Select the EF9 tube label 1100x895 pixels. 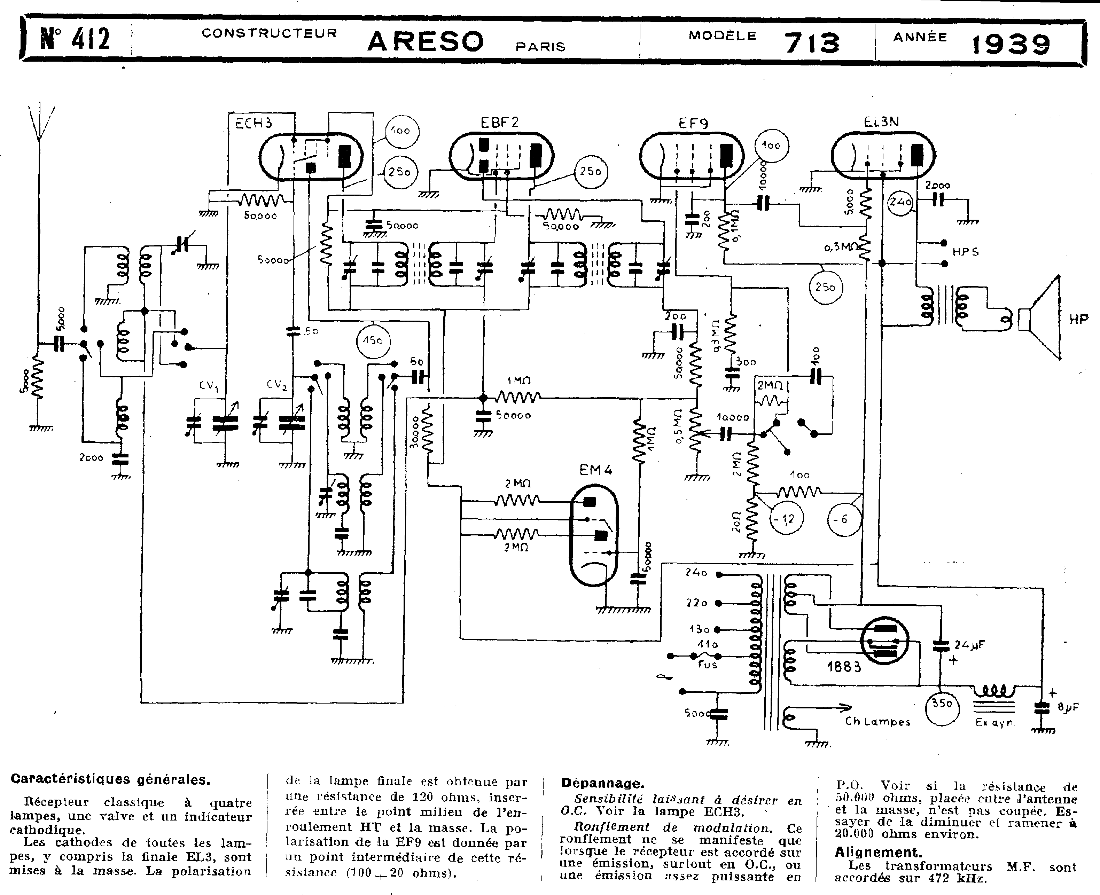tap(693, 123)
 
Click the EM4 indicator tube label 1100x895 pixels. tap(596, 470)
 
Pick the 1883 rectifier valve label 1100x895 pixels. tap(844, 667)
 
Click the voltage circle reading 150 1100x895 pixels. tap(373, 341)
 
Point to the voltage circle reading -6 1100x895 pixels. tap(844, 519)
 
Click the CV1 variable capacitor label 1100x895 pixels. tap(208, 385)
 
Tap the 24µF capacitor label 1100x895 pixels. tap(969, 644)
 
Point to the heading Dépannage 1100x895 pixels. tap(602, 784)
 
